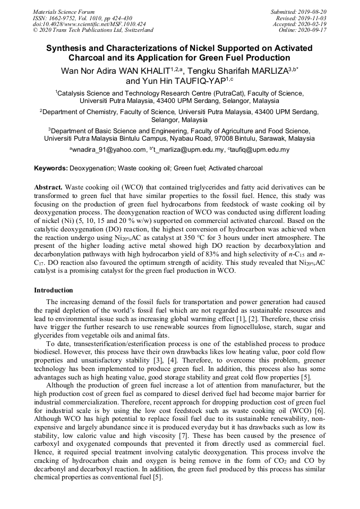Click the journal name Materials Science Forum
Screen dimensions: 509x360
(x=64, y=12)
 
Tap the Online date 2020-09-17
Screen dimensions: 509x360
(x=314, y=30)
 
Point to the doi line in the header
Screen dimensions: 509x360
(x=89, y=24)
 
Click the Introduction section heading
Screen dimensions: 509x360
(x=54, y=290)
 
